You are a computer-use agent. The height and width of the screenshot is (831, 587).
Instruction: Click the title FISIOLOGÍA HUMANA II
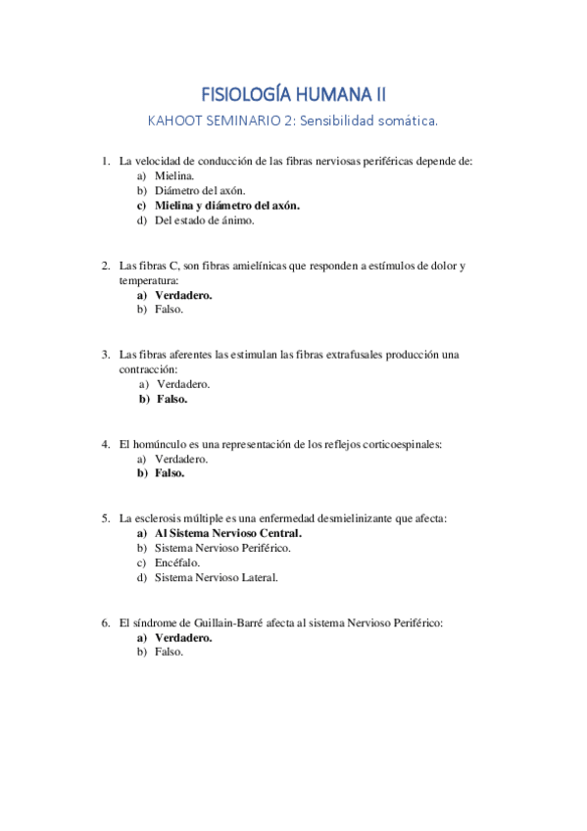coord(293,94)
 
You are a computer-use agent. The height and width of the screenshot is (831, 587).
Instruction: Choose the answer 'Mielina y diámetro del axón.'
coord(227,206)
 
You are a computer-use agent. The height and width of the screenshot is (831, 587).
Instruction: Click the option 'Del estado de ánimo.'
coord(204,220)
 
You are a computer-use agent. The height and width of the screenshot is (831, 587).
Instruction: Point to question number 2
coord(105,266)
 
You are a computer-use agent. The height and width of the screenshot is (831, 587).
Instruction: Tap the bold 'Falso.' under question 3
coord(171,399)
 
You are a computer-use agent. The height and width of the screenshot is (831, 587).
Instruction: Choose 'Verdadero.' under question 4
coord(182,459)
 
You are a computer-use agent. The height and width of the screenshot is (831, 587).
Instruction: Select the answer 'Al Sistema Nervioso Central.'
coord(228,533)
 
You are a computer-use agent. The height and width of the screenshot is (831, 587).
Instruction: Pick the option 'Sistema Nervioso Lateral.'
coord(216,577)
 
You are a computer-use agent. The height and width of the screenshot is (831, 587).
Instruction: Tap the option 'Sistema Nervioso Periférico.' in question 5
coord(222,548)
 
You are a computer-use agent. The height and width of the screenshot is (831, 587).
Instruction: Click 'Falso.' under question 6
coord(169,652)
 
